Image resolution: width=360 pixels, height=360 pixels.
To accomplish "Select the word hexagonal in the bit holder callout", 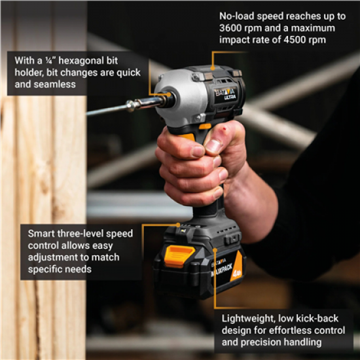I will click(x=86, y=60).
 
